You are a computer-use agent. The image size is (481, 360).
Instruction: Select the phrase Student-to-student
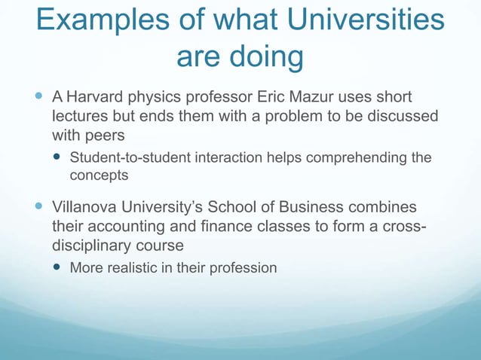130,157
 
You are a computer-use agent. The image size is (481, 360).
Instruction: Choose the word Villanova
84,206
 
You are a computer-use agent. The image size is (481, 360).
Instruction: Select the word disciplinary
93,245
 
